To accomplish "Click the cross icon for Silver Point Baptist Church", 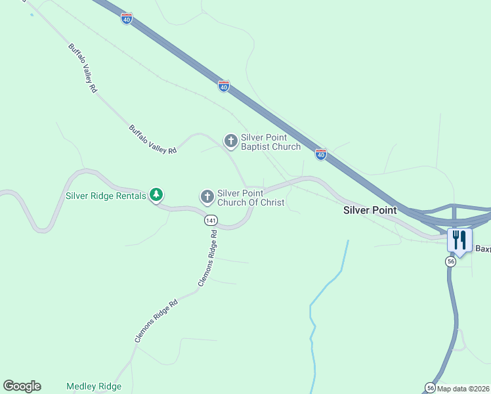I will click(230, 141).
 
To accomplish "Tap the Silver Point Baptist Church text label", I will click(270, 142).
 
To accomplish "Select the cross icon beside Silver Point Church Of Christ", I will click(207, 196).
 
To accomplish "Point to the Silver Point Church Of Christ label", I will click(251, 198).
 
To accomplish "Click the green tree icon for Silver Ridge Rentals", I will click(156, 194).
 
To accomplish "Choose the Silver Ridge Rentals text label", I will click(106, 196).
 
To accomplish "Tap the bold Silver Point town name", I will click(370, 210).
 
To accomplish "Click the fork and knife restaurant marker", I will click(459, 240).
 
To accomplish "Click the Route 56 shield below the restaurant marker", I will click(450, 261).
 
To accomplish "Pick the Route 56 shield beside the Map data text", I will click(430, 387).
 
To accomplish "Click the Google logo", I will click(22, 386).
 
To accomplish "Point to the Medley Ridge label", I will click(94, 387).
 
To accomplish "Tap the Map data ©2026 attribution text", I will click(463, 389).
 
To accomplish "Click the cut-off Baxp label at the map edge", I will click(482, 249).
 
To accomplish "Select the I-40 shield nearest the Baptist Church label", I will click(320, 154).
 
